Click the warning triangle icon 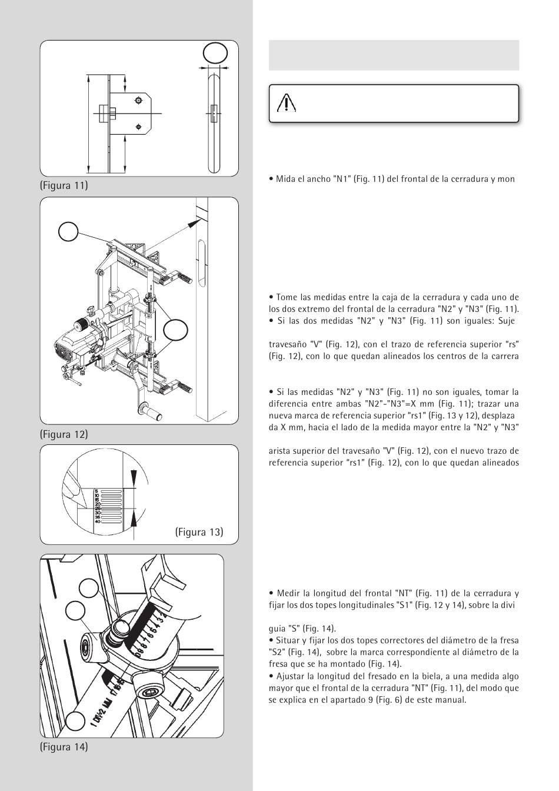pyautogui.click(x=286, y=104)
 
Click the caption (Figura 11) pyautogui.click(x=64, y=186)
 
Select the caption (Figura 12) pyautogui.click(x=64, y=434)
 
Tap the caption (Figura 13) pyautogui.click(x=199, y=532)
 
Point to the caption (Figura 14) pyautogui.click(x=64, y=747)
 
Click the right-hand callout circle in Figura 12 pyautogui.click(x=175, y=330)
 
